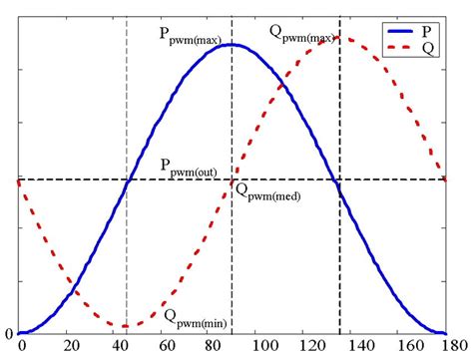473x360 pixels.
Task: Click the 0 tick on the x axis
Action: (x=21, y=346)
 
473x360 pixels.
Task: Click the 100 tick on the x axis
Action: (x=257, y=346)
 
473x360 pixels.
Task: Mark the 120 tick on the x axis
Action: (x=304, y=346)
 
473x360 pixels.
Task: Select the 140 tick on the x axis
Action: (x=351, y=346)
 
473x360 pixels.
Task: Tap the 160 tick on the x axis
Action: (x=398, y=346)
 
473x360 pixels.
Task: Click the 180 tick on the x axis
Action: (x=445, y=346)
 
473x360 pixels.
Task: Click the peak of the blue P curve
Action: (x=232, y=44)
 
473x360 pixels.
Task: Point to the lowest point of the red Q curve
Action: (x=126, y=326)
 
